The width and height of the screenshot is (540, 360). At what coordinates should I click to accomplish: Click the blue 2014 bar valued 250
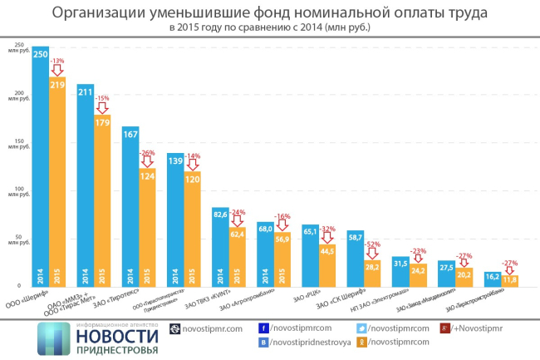click(x=40, y=166)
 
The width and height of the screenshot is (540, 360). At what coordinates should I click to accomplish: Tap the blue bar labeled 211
click(x=85, y=183)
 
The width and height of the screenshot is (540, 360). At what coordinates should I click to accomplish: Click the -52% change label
click(x=371, y=244)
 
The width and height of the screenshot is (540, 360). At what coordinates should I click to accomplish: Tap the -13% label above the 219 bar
click(x=57, y=62)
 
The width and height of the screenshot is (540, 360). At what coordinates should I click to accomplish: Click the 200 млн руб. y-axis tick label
click(x=18, y=91)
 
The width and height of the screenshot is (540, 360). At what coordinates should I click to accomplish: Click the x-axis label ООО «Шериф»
click(x=30, y=298)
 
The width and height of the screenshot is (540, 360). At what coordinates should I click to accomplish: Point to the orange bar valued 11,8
click(x=506, y=280)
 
